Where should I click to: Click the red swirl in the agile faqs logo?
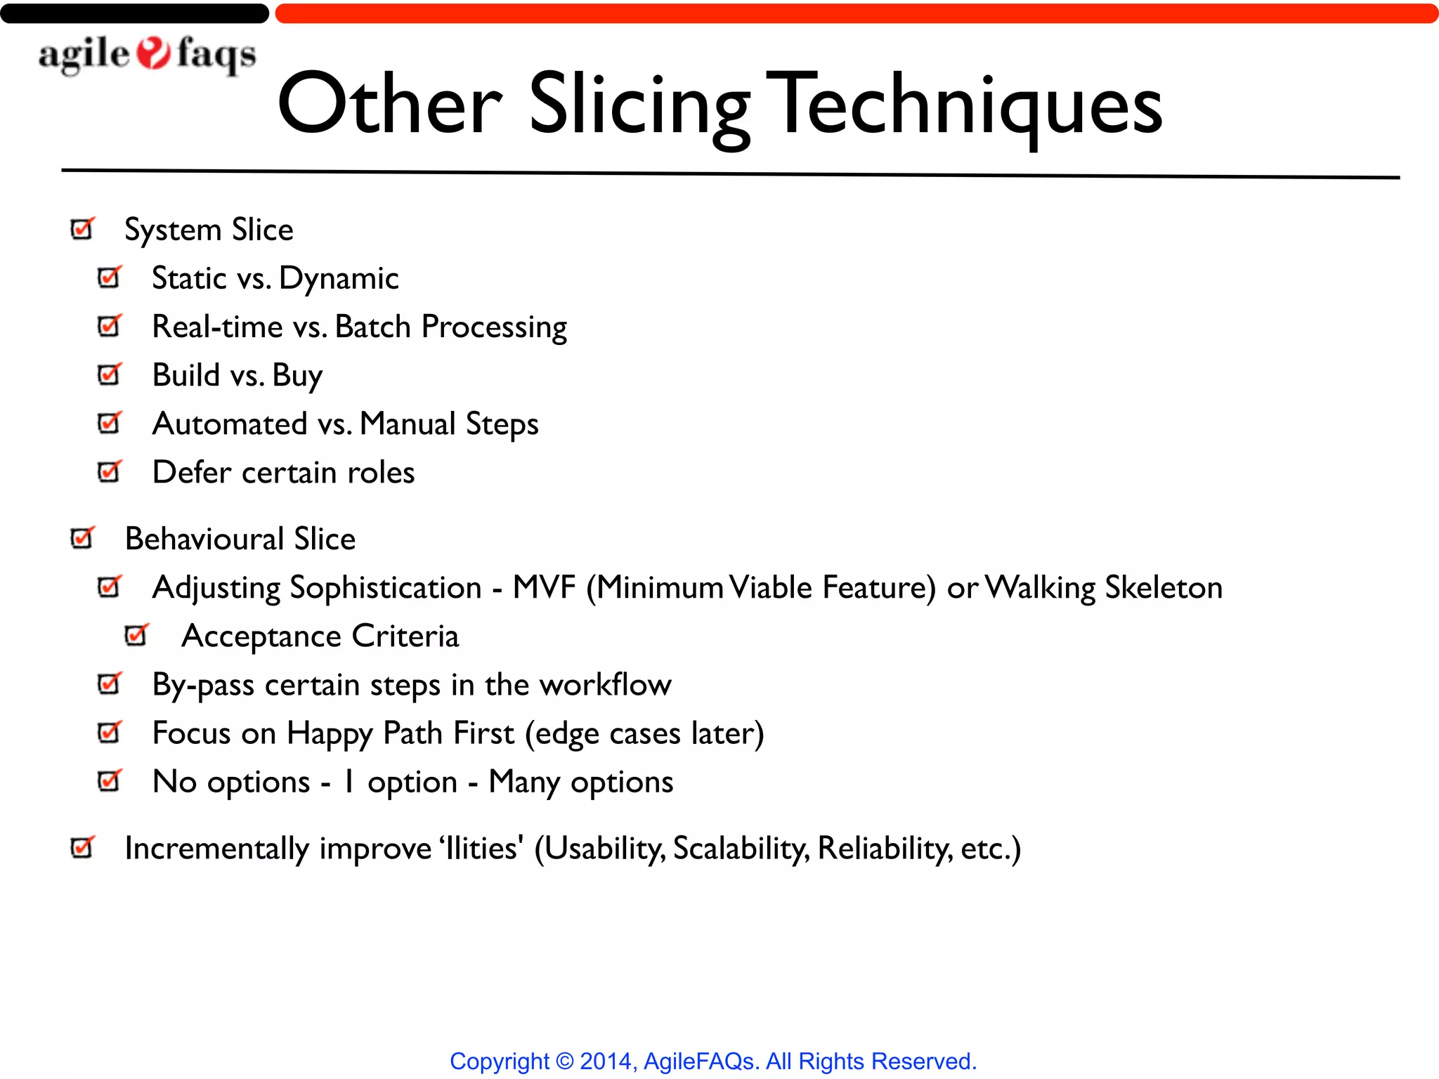pyautogui.click(x=153, y=54)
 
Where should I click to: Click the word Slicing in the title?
pyautogui.click(x=639, y=105)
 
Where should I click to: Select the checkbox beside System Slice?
pyautogui.click(x=82, y=229)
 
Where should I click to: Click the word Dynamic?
pyautogui.click(x=339, y=279)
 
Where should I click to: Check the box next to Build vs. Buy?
pyautogui.click(x=110, y=374)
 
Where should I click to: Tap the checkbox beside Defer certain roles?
pyautogui.click(x=110, y=471)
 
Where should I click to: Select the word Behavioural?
pyautogui.click(x=204, y=539)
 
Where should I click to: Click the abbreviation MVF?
pyautogui.click(x=544, y=587)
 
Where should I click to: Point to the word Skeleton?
pyautogui.click(x=1163, y=587)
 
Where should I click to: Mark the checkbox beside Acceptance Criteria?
pyautogui.click(x=136, y=635)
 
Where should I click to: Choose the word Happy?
pyautogui.click(x=330, y=734)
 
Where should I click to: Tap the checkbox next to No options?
pyautogui.click(x=110, y=780)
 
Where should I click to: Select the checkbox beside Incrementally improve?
pyautogui.click(x=82, y=847)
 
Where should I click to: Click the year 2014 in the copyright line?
pyautogui.click(x=606, y=1061)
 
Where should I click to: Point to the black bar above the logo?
pyautogui.click(x=134, y=13)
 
